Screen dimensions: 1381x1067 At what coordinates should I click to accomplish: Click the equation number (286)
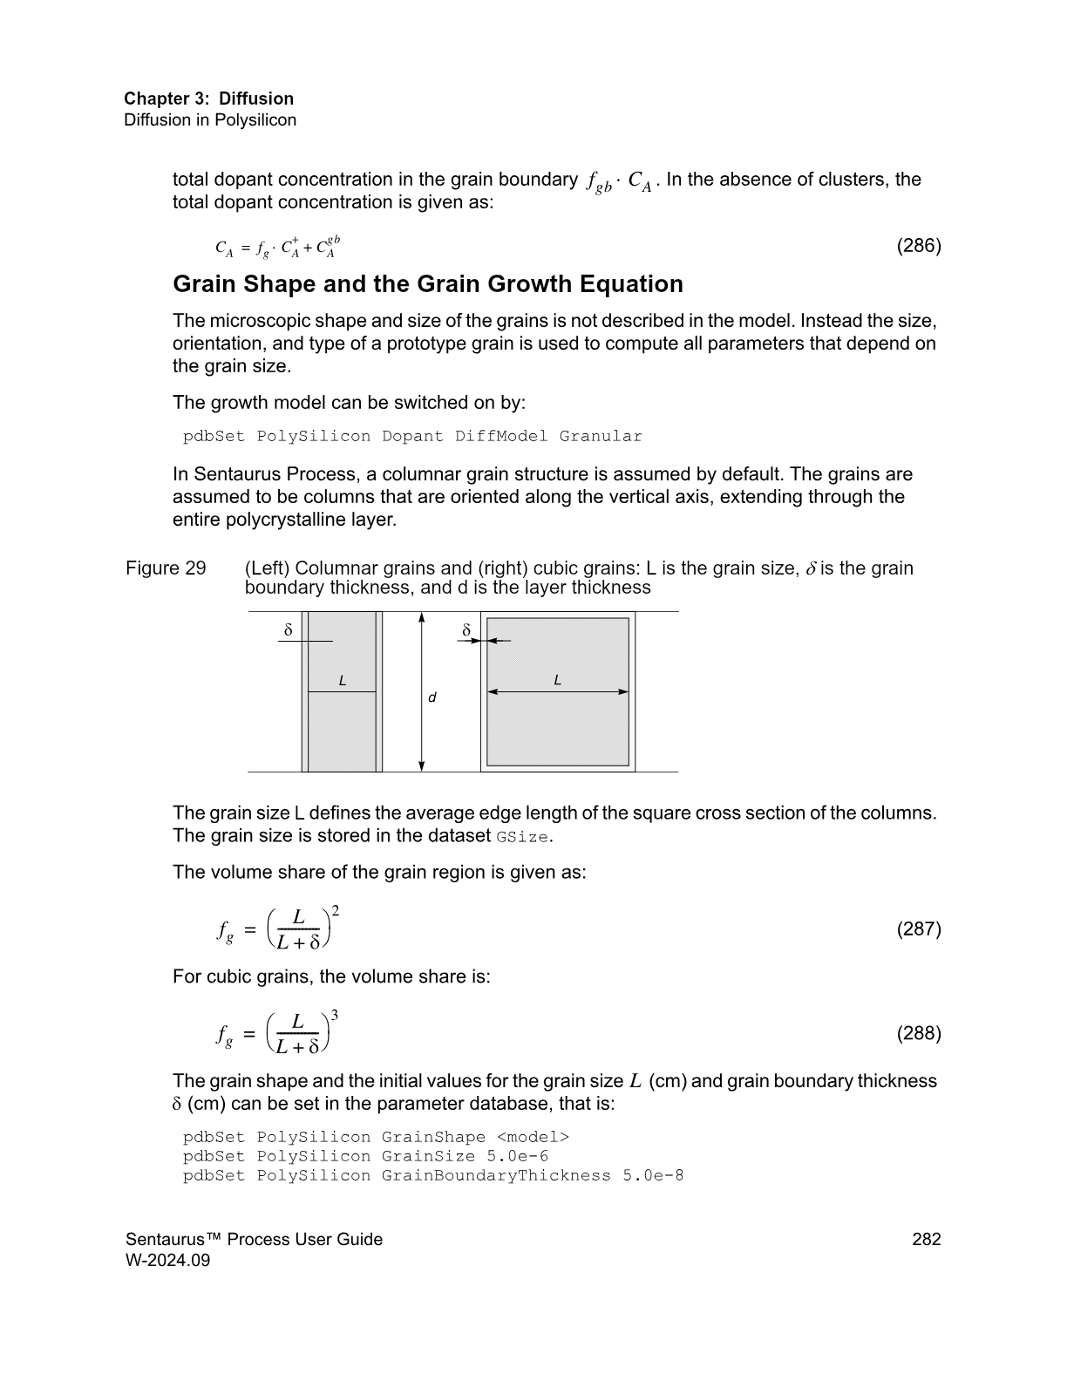[x=919, y=246]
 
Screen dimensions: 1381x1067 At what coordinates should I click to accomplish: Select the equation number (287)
[x=919, y=929]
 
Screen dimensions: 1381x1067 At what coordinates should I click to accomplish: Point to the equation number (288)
[x=919, y=1033]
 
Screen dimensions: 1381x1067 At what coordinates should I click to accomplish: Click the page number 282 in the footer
[x=926, y=1239]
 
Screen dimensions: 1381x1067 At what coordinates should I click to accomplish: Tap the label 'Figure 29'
[x=166, y=568]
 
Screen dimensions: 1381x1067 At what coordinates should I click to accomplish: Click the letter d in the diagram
[x=432, y=698]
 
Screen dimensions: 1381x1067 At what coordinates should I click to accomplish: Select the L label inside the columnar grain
[x=343, y=681]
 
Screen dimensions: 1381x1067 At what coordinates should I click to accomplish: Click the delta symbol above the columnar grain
[x=289, y=629]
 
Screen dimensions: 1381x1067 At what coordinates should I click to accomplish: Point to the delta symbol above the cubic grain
[x=466, y=629]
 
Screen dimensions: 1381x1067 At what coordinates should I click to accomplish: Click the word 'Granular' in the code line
[x=601, y=436]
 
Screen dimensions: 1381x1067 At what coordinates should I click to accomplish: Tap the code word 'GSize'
[x=523, y=837]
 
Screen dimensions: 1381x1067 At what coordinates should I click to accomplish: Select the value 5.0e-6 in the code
[x=512, y=1156]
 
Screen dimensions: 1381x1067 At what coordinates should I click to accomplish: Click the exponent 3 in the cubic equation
[x=335, y=1016]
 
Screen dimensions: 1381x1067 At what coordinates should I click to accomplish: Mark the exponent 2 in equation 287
[x=335, y=911]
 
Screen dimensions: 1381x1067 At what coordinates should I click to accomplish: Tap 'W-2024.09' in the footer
[x=168, y=1260]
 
